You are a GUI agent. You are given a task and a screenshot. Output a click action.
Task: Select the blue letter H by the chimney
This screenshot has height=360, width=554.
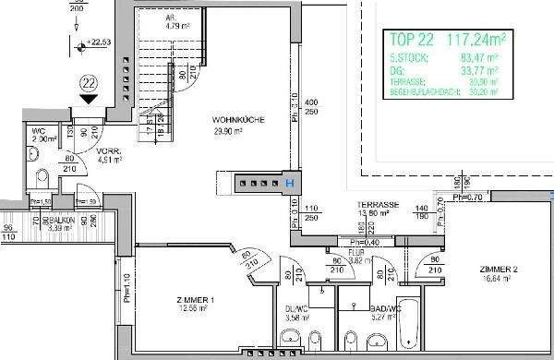click(291, 183)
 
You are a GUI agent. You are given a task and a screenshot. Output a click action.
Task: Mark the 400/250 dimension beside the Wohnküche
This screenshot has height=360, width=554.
click(310, 106)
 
